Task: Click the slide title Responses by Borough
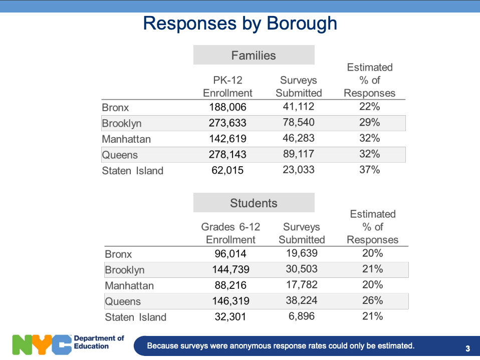coord(240,24)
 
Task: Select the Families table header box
coord(254,55)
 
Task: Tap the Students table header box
coord(254,202)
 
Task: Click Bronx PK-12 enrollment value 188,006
coord(227,107)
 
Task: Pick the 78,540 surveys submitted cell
coord(299,122)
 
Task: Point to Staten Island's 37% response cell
coord(369,169)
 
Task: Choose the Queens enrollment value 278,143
coord(227,154)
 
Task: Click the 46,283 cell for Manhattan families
coord(299,138)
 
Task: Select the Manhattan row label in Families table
coord(126,139)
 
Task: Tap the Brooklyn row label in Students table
coord(125,270)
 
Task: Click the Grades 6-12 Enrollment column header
coord(230,233)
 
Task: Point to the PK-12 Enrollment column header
coord(227,87)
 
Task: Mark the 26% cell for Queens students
coord(373,300)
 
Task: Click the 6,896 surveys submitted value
coord(302,316)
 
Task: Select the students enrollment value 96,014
coord(230,253)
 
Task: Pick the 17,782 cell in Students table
coord(302,285)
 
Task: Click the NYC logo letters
coord(42,344)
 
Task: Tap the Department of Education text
coord(99,342)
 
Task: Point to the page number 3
coord(468,348)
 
